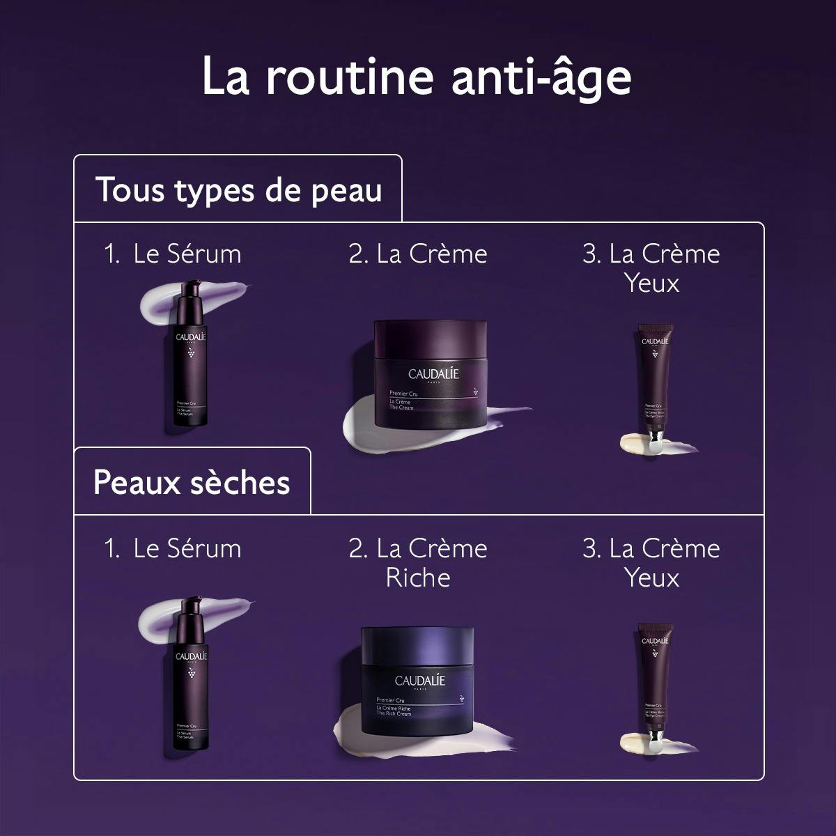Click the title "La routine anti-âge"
click(x=417, y=77)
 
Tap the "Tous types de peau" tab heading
click(x=238, y=189)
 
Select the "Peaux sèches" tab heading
click(x=192, y=482)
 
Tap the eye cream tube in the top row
click(x=653, y=383)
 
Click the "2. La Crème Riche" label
click(x=418, y=563)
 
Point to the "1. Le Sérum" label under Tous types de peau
click(x=173, y=254)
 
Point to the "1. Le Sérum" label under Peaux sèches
click(x=173, y=549)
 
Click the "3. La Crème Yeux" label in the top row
click(x=651, y=268)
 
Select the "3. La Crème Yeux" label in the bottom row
click(x=651, y=563)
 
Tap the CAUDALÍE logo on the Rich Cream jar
click(x=419, y=680)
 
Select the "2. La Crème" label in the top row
click(x=418, y=254)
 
